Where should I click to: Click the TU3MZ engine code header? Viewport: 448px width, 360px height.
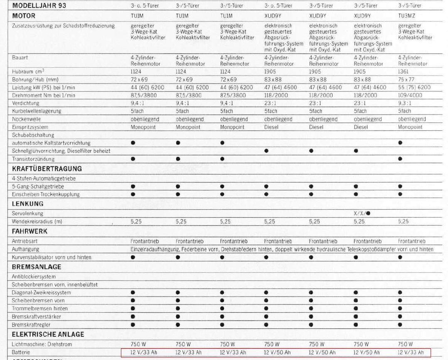tap(406, 16)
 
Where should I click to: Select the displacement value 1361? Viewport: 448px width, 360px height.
tap(404, 71)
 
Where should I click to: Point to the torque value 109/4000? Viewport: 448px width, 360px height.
tap(410, 95)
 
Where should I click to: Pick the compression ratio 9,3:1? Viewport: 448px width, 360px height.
tap(405, 103)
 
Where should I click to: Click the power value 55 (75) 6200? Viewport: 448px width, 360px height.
tap(414, 87)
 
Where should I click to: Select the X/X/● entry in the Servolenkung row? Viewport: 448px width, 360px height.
tap(362, 213)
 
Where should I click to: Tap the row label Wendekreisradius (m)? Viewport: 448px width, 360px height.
tap(37, 222)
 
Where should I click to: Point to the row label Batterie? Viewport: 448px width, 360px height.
tap(21, 353)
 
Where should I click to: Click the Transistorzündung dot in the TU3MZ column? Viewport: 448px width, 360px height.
tap(400, 159)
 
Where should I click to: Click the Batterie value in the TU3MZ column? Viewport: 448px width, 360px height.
tap(411, 353)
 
